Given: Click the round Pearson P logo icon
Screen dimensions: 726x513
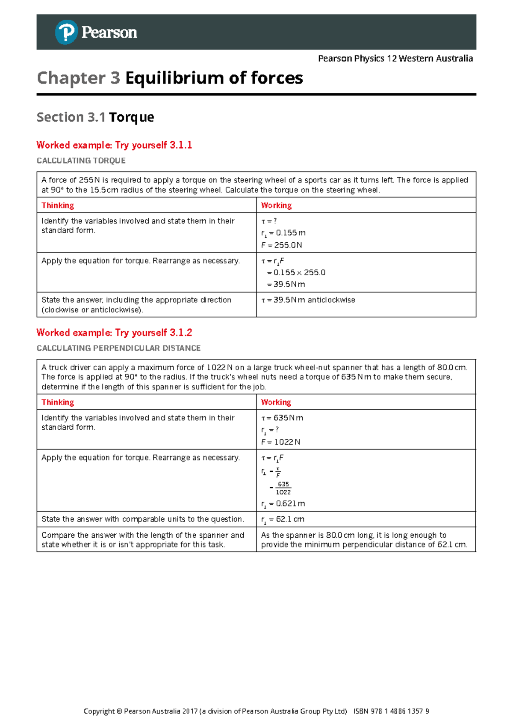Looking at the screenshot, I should pyautogui.click(x=66, y=32).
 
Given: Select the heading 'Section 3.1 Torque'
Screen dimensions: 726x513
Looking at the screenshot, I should pyautogui.click(x=95, y=117).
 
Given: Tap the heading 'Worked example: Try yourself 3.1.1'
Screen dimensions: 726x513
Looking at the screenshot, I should pyautogui.click(x=114, y=145).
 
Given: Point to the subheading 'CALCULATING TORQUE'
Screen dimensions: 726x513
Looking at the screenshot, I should pyautogui.click(x=81, y=161).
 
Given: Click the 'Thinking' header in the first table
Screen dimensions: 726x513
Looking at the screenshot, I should pyautogui.click(x=58, y=205).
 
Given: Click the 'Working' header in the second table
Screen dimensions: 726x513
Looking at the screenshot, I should pyautogui.click(x=276, y=402).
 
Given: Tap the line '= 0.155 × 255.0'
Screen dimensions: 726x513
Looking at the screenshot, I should pyautogui.click(x=296, y=273).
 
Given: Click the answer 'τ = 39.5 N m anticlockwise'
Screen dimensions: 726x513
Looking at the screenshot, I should pyautogui.click(x=308, y=300).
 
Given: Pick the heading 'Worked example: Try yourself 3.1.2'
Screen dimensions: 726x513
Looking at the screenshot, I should pyautogui.click(x=114, y=333).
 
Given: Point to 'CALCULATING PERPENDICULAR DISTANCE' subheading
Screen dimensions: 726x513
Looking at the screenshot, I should pyautogui.click(x=118, y=348).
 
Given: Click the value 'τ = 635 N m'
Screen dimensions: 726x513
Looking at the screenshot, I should pyautogui.click(x=282, y=418).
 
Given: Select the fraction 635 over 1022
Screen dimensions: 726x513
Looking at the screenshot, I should pyautogui.click(x=283, y=488).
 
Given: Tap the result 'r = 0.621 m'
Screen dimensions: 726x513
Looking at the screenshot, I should pyautogui.click(x=283, y=504).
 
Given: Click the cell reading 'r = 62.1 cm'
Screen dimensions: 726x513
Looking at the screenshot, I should pyautogui.click(x=283, y=519).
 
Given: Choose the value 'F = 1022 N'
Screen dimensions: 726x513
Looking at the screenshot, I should pyautogui.click(x=281, y=442).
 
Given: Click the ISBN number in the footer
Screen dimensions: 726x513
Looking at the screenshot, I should pyautogui.click(x=391, y=711).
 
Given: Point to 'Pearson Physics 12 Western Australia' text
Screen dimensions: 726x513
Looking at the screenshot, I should pyautogui.click(x=395, y=59).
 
